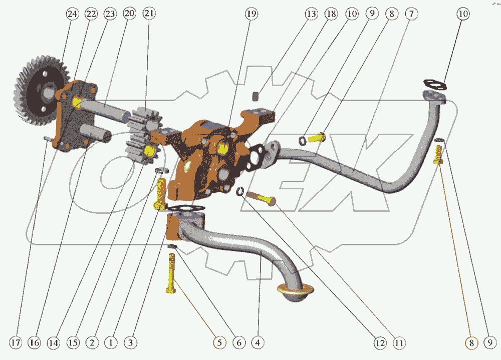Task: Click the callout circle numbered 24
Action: [72, 14]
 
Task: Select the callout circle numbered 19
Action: [252, 14]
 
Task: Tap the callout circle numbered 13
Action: [311, 14]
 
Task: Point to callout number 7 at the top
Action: [410, 14]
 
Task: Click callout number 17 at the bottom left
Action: [16, 343]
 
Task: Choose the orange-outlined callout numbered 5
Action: [219, 343]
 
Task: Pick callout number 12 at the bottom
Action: [379, 343]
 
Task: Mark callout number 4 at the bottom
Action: [258, 343]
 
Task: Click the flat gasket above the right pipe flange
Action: [434, 83]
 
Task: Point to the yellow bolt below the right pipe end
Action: [438, 155]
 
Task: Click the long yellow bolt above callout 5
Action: [171, 273]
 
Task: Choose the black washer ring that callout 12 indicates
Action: [240, 191]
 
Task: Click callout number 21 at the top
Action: [149, 14]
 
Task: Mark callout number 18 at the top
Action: [331, 14]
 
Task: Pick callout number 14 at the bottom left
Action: [54, 343]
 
